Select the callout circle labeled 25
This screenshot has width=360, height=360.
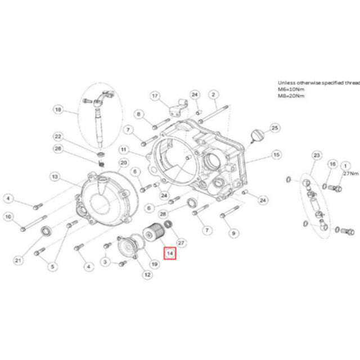[x=274, y=128]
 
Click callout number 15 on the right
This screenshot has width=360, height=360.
[x=276, y=154]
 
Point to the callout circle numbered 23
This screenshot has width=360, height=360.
[x=316, y=155]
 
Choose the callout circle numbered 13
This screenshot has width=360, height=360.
[x=55, y=177]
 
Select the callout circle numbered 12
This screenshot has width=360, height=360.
[x=147, y=275]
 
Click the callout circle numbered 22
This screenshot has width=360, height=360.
[x=59, y=137]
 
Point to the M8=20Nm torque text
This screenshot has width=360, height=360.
[x=291, y=96]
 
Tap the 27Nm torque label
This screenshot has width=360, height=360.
[x=350, y=174]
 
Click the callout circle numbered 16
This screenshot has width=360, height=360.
[x=332, y=164]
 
